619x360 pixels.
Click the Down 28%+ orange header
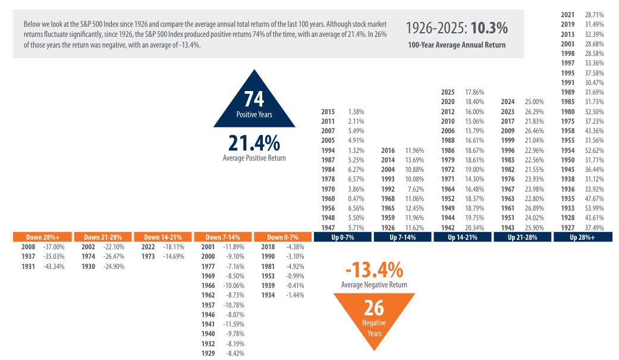pyautogui.click(x=42, y=237)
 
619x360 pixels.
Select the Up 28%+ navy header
pyautogui.click(x=582, y=237)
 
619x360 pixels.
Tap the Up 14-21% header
pyautogui.click(x=462, y=237)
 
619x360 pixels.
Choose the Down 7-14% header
pyautogui.click(x=222, y=237)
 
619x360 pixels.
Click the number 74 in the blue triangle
pyautogui.click(x=254, y=99)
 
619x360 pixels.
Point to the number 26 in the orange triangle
pyautogui.click(x=374, y=308)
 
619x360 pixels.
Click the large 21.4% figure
pyautogui.click(x=254, y=143)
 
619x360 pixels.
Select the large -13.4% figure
pyautogui.click(x=374, y=271)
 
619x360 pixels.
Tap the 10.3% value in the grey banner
pyautogui.click(x=489, y=28)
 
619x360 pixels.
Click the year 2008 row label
pyautogui.click(x=28, y=246)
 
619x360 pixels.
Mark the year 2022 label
pyautogui.click(x=148, y=246)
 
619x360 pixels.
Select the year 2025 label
pyautogui.click(x=448, y=92)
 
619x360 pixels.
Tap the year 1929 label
pyautogui.click(x=208, y=353)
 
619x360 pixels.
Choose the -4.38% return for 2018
pyautogui.click(x=295, y=246)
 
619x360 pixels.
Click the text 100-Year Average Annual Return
pyautogui.click(x=457, y=45)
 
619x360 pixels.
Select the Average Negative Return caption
pyautogui.click(x=374, y=285)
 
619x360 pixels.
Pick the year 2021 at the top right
pyautogui.click(x=568, y=14)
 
